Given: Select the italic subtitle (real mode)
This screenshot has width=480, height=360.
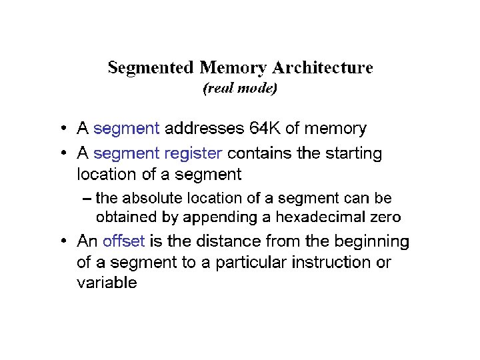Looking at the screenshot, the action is point(240,88).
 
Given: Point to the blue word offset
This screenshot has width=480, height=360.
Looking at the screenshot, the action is point(124,241).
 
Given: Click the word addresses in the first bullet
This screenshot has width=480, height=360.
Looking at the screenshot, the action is point(203,128).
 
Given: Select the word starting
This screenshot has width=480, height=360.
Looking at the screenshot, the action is point(353,154).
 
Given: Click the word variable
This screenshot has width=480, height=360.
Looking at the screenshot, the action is point(107,283).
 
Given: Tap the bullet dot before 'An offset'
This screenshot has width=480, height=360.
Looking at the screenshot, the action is point(61,241).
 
